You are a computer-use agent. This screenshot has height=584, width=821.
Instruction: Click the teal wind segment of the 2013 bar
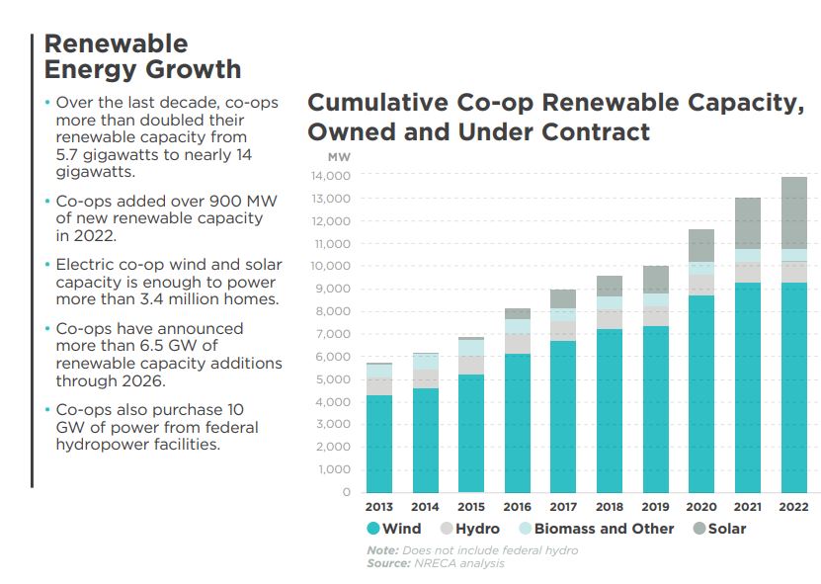pyautogui.click(x=378, y=444)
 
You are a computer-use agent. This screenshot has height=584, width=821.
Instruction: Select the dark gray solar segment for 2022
pyautogui.click(x=793, y=212)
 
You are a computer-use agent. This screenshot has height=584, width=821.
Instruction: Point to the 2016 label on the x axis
pyautogui.click(x=517, y=507)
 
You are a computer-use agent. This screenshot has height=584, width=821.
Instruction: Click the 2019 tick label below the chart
pyautogui.click(x=655, y=507)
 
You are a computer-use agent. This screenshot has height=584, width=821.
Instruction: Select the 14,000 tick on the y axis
pyautogui.click(x=331, y=176)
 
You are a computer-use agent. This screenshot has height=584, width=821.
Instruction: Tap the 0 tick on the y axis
pyautogui.click(x=346, y=492)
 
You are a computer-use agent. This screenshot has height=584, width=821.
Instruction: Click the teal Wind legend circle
pyautogui.click(x=373, y=529)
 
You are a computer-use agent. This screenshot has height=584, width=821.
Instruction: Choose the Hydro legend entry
pyautogui.click(x=469, y=529)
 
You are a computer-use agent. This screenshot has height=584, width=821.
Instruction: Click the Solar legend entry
pyautogui.click(x=718, y=529)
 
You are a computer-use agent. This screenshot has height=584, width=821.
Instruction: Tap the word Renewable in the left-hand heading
pyautogui.click(x=116, y=43)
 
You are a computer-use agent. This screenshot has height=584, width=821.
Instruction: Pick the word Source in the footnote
pyautogui.click(x=388, y=563)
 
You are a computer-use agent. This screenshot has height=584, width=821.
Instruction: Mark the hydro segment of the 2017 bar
pyautogui.click(x=563, y=330)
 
